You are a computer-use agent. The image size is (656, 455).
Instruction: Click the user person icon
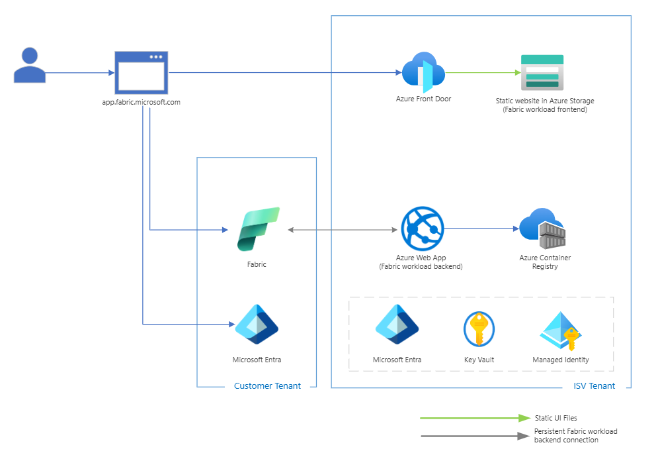[x=30, y=65]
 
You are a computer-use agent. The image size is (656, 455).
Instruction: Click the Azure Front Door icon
[x=423, y=72]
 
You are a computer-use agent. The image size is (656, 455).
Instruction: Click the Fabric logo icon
[x=258, y=229]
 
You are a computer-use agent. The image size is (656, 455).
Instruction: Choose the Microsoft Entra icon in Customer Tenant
[x=257, y=325]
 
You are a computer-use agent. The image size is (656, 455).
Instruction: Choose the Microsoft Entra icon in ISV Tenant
[x=397, y=325]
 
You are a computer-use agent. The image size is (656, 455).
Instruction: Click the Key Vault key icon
[x=479, y=329]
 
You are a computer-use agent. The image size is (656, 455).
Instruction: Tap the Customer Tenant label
[x=267, y=386]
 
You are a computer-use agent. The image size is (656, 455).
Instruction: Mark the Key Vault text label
[x=479, y=360]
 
